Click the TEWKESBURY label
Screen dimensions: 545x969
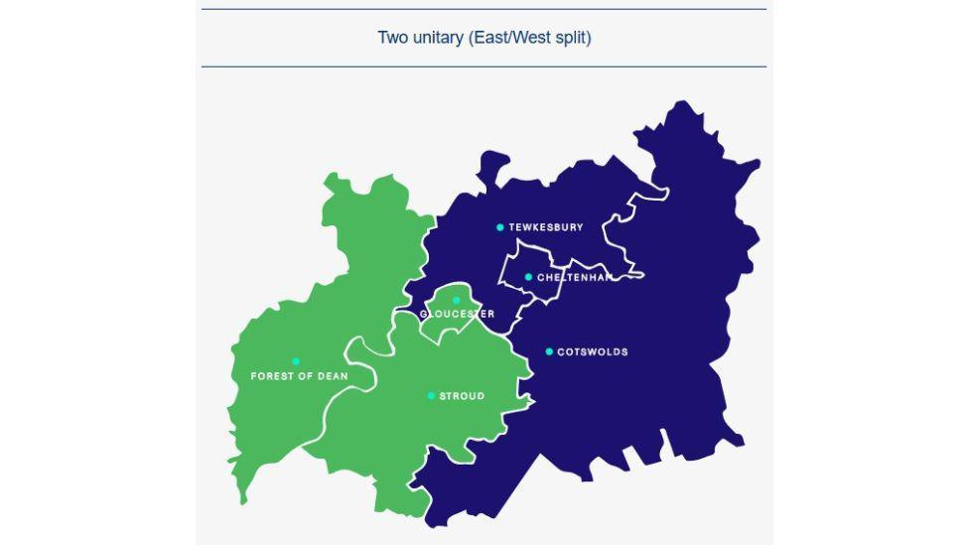tap(546, 227)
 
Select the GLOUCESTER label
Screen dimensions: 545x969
tap(457, 315)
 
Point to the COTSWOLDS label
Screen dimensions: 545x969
tap(593, 352)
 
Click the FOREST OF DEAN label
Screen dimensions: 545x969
tap(299, 377)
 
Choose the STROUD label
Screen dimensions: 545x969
tap(462, 396)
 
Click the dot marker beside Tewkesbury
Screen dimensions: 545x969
tap(500, 227)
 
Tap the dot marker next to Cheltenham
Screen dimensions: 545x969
tap(528, 277)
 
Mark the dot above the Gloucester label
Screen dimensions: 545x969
tap(457, 300)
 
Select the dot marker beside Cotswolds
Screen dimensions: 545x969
tap(549, 351)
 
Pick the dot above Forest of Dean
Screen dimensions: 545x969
tap(296, 361)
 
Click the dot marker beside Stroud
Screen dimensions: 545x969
tap(431, 396)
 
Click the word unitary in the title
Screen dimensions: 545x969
tap(438, 38)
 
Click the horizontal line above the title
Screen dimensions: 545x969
tap(484, 9)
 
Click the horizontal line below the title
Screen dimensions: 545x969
tap(484, 67)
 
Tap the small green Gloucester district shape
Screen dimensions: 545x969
tap(447, 323)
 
